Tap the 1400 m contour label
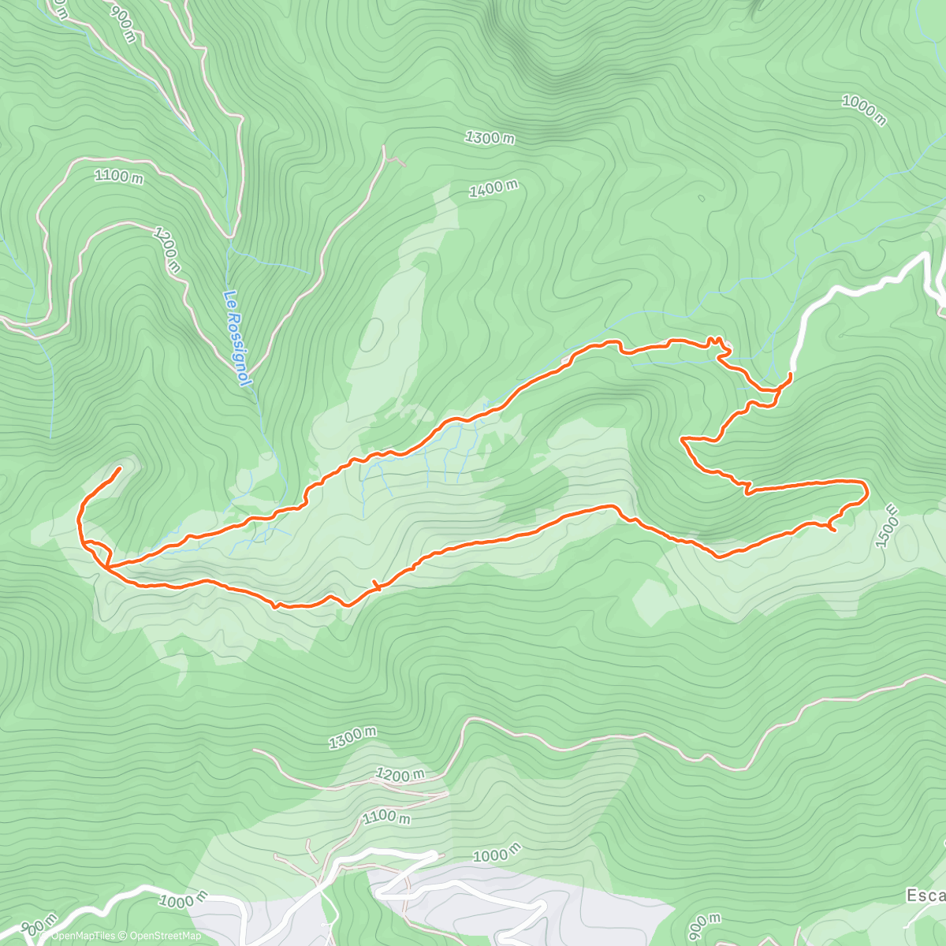pyautogui.click(x=493, y=189)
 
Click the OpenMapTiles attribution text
pyautogui.click(x=82, y=936)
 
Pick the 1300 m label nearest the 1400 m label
pyautogui.click(x=490, y=138)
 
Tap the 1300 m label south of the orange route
pyautogui.click(x=352, y=738)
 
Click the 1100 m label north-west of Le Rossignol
pyautogui.click(x=119, y=176)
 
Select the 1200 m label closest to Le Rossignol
pyautogui.click(x=167, y=250)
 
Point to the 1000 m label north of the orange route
pyautogui.click(x=863, y=110)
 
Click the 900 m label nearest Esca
pyautogui.click(x=703, y=928)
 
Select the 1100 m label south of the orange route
pyautogui.click(x=386, y=817)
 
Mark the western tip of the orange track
pyautogui.click(x=119, y=469)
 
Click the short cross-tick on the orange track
pyautogui.click(x=376, y=585)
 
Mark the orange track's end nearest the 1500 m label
pyautogui.click(x=833, y=530)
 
